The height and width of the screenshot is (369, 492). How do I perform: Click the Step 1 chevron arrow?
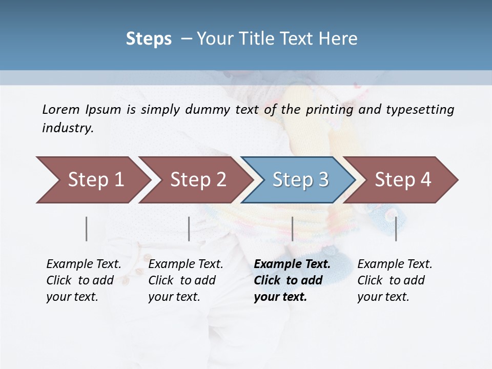[92, 180]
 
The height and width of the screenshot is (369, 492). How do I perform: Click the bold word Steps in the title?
[149, 39]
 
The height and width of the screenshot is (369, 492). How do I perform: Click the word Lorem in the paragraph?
[60, 109]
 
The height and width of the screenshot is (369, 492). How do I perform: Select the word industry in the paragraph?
[67, 128]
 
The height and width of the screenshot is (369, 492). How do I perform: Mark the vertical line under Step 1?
[86, 229]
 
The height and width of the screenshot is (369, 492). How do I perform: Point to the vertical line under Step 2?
[189, 229]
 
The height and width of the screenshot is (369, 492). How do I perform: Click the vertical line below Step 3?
[292, 229]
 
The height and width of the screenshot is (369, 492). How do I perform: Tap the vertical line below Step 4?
[396, 229]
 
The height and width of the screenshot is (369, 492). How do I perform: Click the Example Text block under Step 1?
[84, 280]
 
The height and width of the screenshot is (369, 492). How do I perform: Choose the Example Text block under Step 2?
[186, 280]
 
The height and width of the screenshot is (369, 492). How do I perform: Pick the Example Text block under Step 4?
[395, 280]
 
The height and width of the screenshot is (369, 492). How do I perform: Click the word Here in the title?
[340, 39]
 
